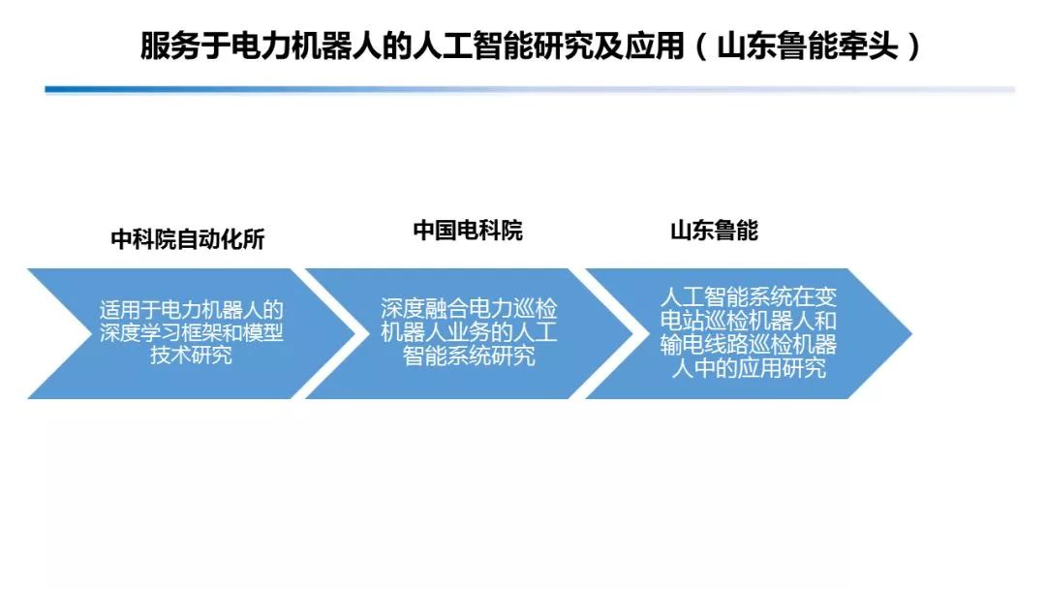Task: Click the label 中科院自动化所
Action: coord(187,239)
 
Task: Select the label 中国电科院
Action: coord(468,231)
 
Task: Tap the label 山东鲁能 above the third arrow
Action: coord(714,231)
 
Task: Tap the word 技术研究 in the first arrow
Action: coord(192,356)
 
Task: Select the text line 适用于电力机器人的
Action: coord(192,311)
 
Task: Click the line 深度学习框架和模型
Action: coord(192,333)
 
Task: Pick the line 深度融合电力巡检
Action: coord(469,310)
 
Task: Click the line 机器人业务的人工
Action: coord(469,333)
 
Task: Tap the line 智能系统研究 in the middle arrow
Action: coord(469,356)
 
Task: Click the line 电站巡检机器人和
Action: coord(748,321)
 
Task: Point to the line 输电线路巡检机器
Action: coord(748,345)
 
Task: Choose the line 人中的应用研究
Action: coord(748,368)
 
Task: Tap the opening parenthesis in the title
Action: coord(701,46)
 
